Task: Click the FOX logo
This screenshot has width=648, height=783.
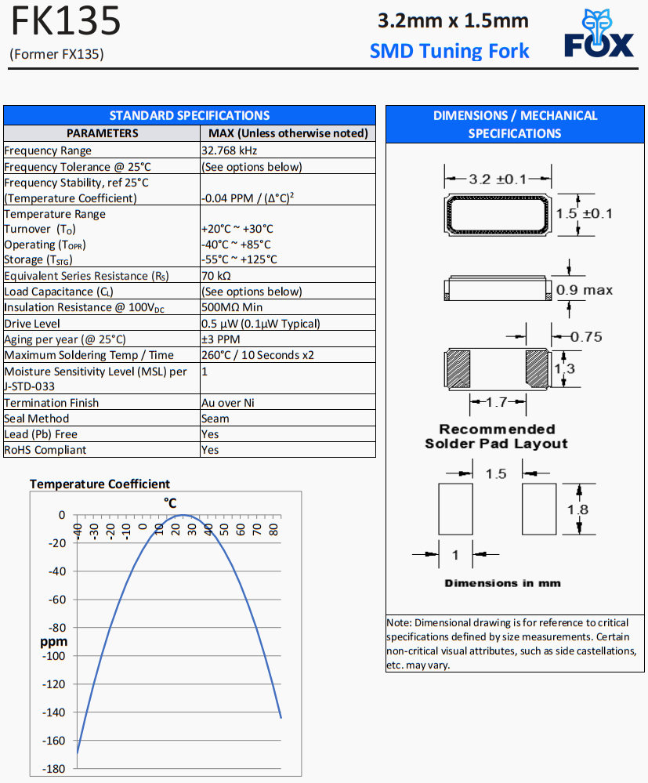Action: [x=599, y=34]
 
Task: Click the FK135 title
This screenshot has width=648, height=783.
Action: [x=66, y=22]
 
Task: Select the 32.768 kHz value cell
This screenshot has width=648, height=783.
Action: [x=230, y=150]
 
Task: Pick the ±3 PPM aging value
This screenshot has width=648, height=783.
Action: [x=220, y=339]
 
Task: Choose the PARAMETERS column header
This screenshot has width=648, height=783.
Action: [x=102, y=133]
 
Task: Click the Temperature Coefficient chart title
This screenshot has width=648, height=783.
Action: [x=100, y=484]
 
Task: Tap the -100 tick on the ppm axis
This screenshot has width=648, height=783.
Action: [x=55, y=656]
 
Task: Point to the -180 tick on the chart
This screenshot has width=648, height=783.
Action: [x=55, y=769]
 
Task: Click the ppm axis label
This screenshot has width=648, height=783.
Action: [x=54, y=642]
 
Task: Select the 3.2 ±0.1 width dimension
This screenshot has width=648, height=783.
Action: [x=498, y=179]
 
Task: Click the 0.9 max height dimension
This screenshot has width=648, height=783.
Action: [x=585, y=290]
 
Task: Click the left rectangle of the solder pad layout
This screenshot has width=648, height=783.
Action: [x=456, y=509]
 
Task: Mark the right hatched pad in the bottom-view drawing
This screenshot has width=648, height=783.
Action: [x=538, y=368]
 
